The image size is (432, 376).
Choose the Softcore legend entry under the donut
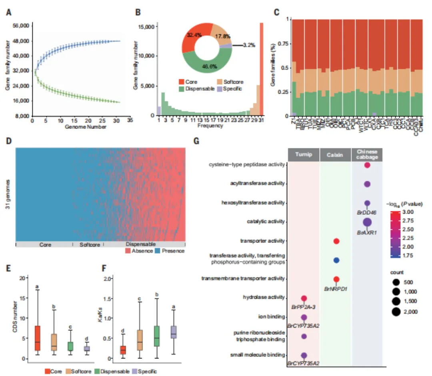point(232,82)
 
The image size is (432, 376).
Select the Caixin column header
point(336,154)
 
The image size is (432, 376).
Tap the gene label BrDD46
point(368,213)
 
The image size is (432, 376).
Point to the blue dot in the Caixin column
point(336,260)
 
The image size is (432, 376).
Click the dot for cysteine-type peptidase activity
point(367,165)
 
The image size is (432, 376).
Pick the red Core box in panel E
point(37,338)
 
